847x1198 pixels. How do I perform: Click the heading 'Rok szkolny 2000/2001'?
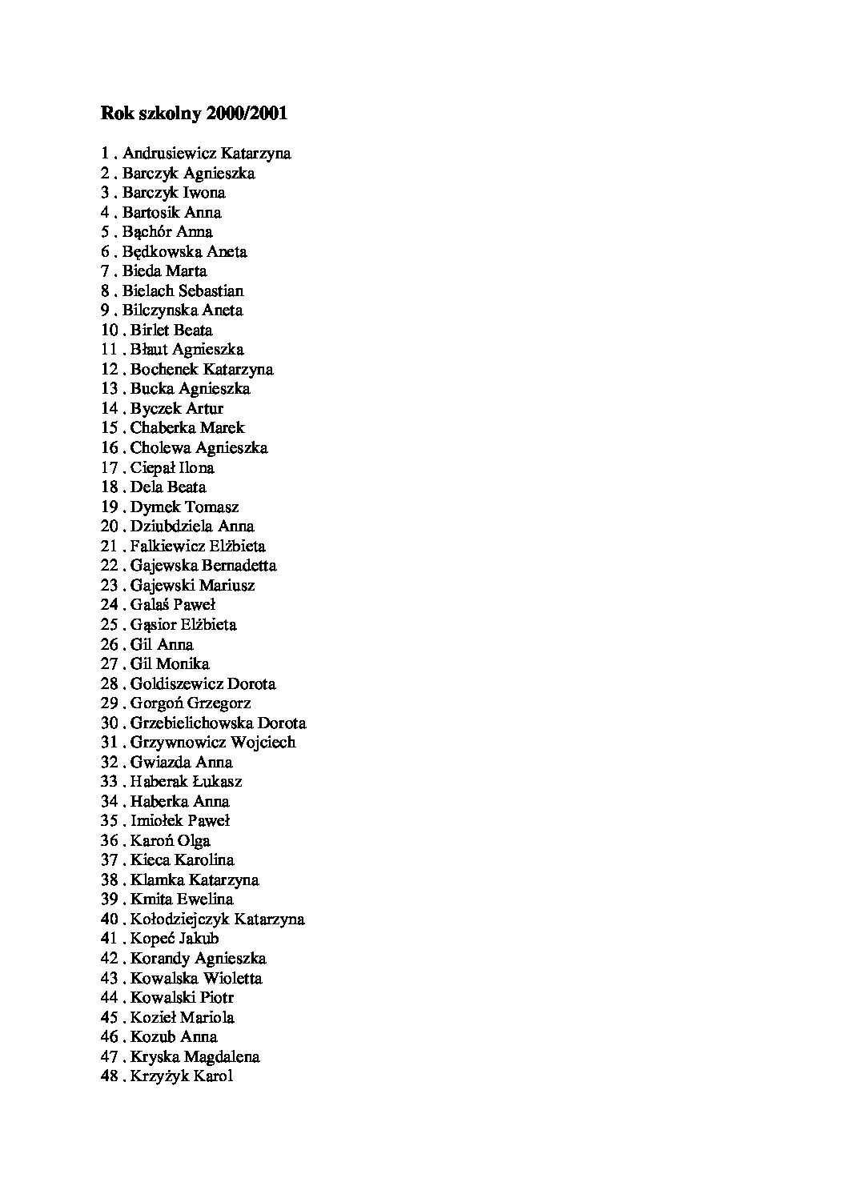194,114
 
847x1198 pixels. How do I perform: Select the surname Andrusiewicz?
169,153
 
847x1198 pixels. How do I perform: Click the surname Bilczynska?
159,311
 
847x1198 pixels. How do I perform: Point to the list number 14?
109,408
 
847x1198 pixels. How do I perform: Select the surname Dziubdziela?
171,527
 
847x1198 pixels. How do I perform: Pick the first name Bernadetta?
239,566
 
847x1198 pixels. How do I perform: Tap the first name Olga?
194,840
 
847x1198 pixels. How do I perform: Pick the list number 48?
109,1076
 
